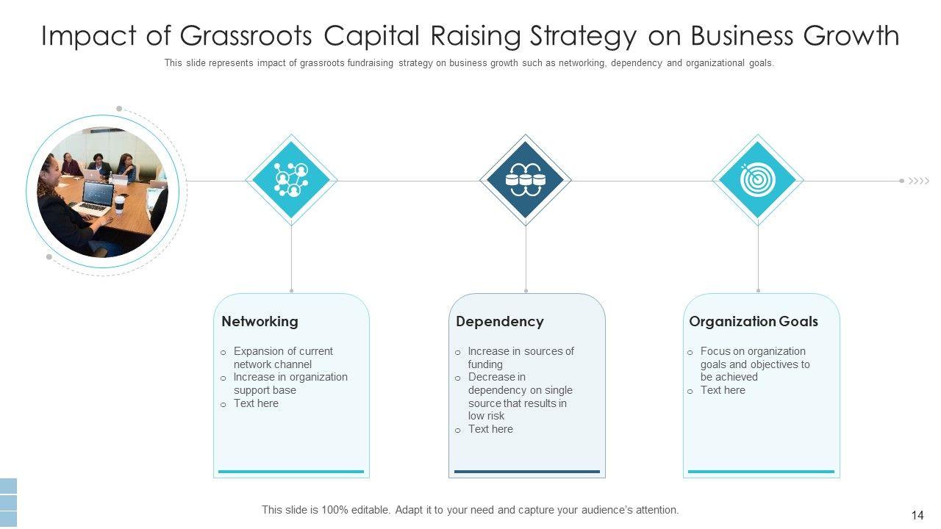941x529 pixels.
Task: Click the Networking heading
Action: (260, 321)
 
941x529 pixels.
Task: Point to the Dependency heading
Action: (499, 321)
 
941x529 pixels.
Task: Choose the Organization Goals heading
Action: (753, 321)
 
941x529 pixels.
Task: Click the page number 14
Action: (917, 516)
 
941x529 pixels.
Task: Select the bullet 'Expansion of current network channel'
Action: (283, 358)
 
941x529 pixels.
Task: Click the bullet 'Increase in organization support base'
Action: (290, 384)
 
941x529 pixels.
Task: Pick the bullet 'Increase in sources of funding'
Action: (520, 358)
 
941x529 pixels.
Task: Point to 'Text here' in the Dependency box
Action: (490, 429)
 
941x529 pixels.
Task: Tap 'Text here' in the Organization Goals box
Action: (723, 390)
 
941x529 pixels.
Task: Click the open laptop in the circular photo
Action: (94, 199)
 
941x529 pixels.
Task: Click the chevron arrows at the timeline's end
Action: (919, 181)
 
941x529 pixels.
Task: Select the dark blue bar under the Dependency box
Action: (526, 472)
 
